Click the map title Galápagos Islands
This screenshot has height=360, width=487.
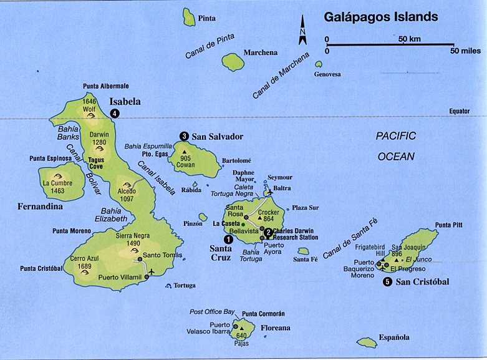(380, 17)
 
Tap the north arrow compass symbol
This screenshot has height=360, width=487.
(302, 31)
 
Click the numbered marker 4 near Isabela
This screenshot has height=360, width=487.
(115, 113)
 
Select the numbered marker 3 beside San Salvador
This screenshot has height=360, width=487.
(184, 136)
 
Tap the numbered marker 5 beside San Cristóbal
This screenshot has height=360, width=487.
(388, 282)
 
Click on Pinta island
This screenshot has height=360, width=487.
(189, 17)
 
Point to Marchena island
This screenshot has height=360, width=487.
(233, 61)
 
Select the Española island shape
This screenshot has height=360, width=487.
(367, 343)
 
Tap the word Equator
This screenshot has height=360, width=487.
(459, 111)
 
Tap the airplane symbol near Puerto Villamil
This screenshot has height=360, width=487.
(151, 271)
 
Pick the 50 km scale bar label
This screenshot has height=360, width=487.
(410, 39)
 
